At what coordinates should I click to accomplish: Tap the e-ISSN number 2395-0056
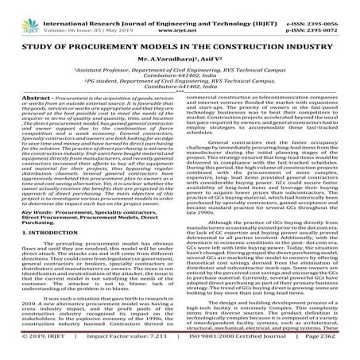point(338,7)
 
